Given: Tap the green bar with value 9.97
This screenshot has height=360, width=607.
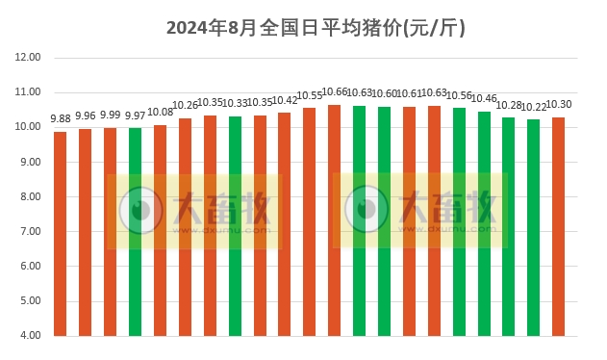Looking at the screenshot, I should [x=135, y=232].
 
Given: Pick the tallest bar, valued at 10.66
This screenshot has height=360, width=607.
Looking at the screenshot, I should [x=335, y=220].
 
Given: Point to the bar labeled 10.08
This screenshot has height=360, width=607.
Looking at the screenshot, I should [x=160, y=230].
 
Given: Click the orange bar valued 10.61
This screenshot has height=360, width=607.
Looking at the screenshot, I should [x=410, y=221].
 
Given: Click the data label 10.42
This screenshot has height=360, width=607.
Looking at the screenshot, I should [x=285, y=101].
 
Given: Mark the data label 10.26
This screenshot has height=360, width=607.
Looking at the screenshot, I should [x=185, y=106].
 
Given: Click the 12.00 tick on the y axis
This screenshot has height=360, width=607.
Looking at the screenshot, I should [x=28, y=58].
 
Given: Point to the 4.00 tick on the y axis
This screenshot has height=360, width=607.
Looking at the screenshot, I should [x=30, y=336].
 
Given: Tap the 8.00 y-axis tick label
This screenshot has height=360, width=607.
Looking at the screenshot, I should [x=30, y=197].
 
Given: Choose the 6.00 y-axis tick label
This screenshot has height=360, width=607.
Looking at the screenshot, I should [x=30, y=267].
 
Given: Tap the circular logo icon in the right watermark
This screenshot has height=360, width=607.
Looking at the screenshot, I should [x=367, y=209].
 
